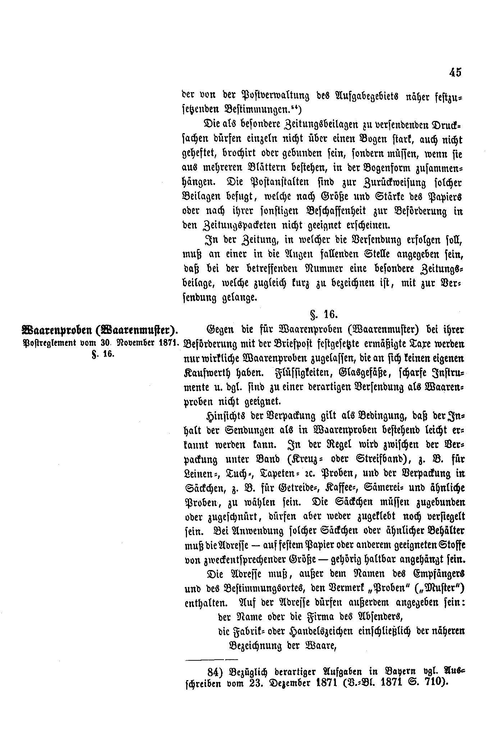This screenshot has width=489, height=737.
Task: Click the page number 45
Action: click(454, 72)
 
